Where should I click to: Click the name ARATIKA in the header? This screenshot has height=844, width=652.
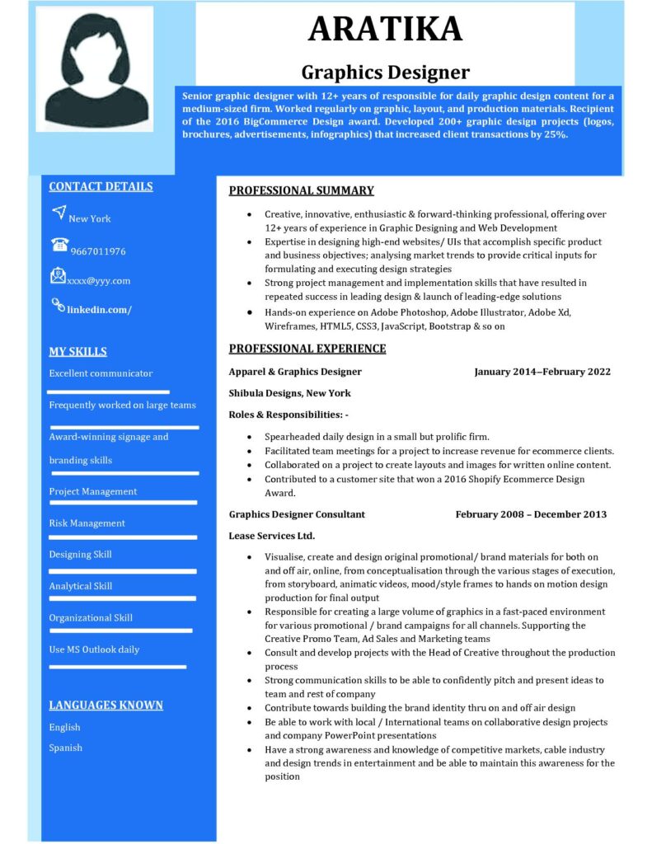coord(385,30)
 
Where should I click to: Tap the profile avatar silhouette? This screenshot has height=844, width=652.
coord(96,69)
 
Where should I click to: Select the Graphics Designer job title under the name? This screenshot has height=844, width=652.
coord(385,73)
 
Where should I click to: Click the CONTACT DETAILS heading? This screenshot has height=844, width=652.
coord(101,186)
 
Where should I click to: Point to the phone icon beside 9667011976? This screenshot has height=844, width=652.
coord(59,245)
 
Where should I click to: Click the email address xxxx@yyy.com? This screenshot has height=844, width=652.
coord(99,280)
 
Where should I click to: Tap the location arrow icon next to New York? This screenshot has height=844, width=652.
coord(58,213)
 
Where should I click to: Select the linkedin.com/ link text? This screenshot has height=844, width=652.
coord(100,310)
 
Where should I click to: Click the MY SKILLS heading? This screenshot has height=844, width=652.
coord(77,352)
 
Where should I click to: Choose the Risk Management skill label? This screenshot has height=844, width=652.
coord(87,523)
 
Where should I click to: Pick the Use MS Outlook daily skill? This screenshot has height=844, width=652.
coord(94,649)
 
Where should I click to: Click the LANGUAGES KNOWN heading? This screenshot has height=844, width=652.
coord(106,706)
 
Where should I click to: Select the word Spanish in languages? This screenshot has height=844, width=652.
coord(65,748)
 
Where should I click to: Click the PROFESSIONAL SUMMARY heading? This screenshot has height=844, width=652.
coord(301,191)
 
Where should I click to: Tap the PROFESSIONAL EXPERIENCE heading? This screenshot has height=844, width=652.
coord(307,349)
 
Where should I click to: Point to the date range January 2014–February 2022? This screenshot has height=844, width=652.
coord(542,372)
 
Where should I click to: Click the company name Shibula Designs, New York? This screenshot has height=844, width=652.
coord(289,393)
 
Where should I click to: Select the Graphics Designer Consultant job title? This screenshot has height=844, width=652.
coord(297,514)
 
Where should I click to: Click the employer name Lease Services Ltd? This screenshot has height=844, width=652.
coord(271,536)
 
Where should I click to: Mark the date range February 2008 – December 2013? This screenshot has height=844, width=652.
coord(530,514)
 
